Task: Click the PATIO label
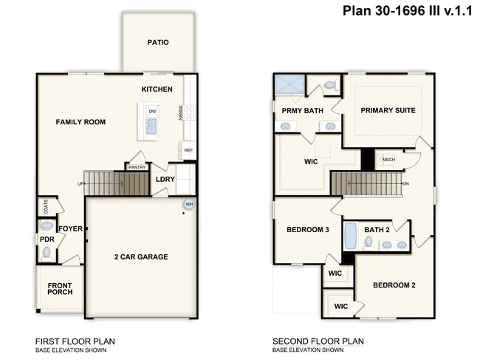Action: pos(157,42)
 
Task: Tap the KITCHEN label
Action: pos(157,89)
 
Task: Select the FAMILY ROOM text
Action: pos(80,122)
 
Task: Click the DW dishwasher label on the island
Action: pos(152,112)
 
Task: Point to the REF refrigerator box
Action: pos(188,150)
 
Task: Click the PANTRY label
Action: pos(137,167)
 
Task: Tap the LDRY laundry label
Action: pos(165,179)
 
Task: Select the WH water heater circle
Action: pos(189,204)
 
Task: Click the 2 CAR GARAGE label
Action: pos(140,257)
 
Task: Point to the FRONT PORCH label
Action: pos(60,288)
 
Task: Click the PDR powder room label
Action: pos(47,240)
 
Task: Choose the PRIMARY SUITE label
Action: pos(388,110)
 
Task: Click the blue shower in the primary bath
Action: pos(289,84)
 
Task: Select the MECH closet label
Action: pos(388,160)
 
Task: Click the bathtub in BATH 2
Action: pos(351,235)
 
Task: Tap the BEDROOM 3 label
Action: pos(308,230)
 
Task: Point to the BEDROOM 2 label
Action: pos(394,285)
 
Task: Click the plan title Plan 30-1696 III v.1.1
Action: pos(407,10)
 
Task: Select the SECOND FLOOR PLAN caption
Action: pos(318,341)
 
